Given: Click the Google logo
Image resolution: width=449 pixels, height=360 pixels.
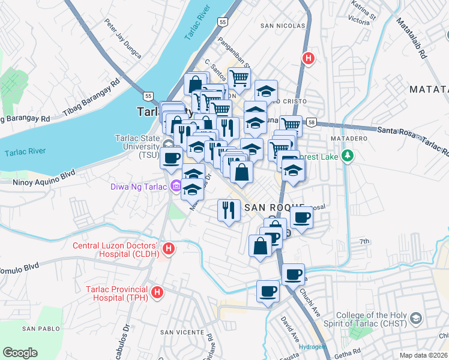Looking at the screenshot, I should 20,353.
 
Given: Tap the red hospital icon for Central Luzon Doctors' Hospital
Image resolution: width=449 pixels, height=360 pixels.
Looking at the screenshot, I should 169,248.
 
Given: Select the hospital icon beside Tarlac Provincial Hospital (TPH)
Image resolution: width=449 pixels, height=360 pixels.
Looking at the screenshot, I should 157,292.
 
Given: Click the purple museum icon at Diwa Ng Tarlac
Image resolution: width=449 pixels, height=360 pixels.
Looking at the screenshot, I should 176,186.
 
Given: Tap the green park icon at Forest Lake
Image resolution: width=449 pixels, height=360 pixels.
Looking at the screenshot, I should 346,157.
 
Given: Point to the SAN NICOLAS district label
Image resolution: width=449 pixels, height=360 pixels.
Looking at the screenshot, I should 283,26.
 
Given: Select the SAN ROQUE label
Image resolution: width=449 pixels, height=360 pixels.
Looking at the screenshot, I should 274,206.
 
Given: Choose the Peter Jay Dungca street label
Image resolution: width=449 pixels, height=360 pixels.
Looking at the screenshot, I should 123,40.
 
